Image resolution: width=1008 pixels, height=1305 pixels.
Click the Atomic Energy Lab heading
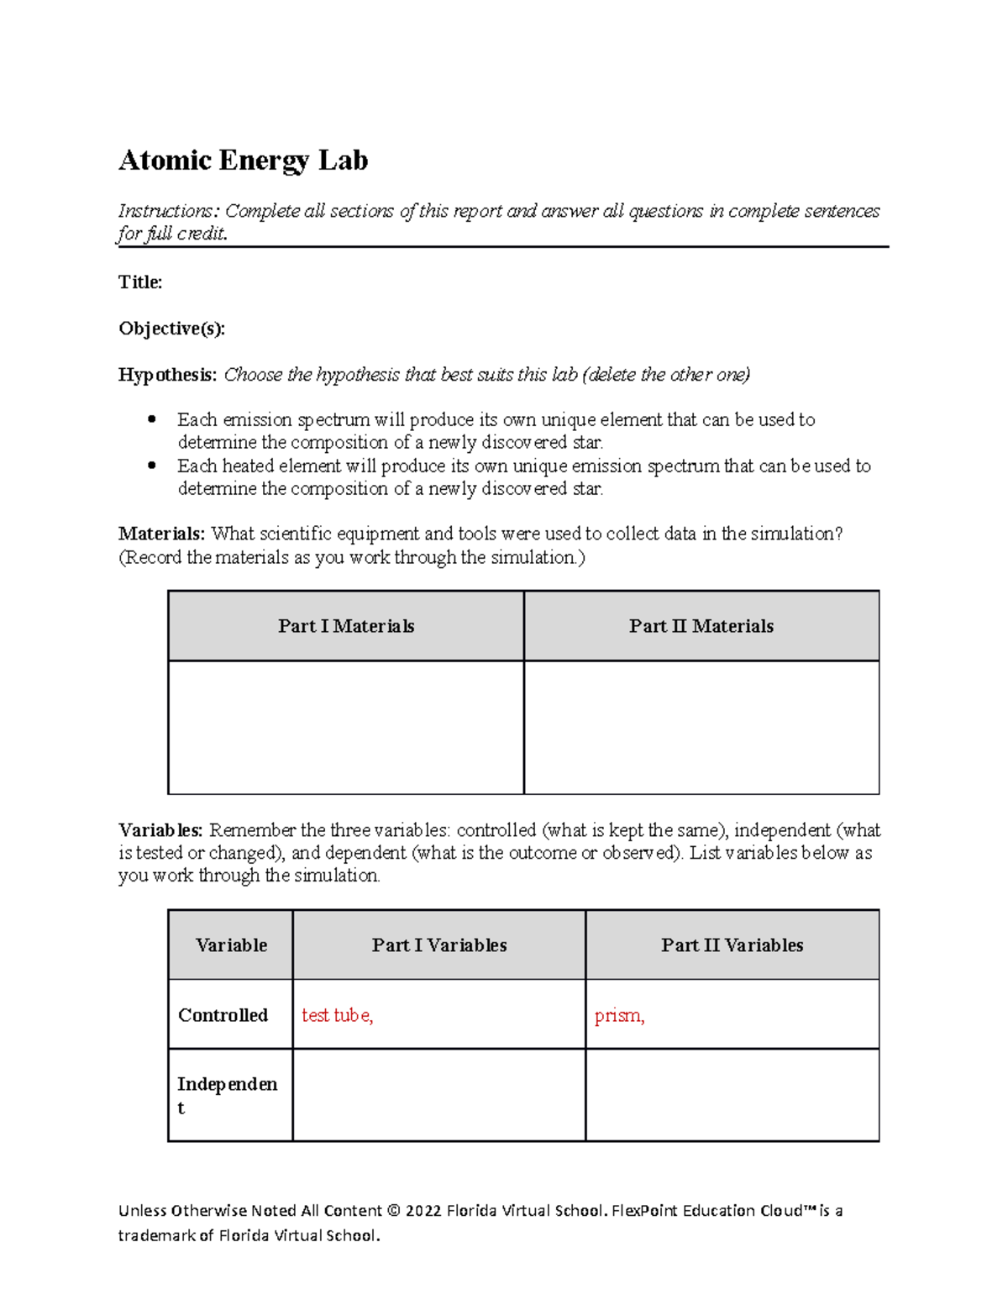pyautogui.click(x=243, y=160)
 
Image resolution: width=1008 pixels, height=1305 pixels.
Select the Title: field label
pyautogui.click(x=140, y=282)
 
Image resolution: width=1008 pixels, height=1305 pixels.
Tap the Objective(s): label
pyautogui.click(x=171, y=329)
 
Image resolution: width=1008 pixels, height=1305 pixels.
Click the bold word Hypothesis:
pyautogui.click(x=167, y=375)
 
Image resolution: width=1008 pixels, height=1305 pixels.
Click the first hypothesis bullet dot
pyautogui.click(x=152, y=419)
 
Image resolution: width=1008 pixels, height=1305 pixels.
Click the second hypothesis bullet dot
pyautogui.click(x=152, y=466)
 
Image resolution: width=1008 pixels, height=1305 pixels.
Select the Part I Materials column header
pyautogui.click(x=346, y=626)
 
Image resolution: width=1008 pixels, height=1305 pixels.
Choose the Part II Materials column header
pyautogui.click(x=701, y=626)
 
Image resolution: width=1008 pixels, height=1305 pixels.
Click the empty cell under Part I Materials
pyautogui.click(x=346, y=727)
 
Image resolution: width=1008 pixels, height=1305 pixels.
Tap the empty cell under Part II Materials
pyautogui.click(x=701, y=727)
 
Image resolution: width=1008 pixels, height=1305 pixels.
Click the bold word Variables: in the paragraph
pyautogui.click(x=160, y=830)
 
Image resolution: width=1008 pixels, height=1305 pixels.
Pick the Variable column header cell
pyautogui.click(x=231, y=945)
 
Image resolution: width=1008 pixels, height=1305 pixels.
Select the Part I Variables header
pyautogui.click(x=439, y=945)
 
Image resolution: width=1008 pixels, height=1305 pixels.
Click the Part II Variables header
pyautogui.click(x=732, y=945)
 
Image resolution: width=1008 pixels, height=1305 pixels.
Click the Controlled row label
pyautogui.click(x=223, y=1015)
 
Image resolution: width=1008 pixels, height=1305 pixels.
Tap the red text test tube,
pyautogui.click(x=337, y=1015)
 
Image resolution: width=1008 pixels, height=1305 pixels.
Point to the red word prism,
pyautogui.click(x=619, y=1016)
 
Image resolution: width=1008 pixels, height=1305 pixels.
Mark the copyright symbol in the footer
pyautogui.click(x=394, y=1211)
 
